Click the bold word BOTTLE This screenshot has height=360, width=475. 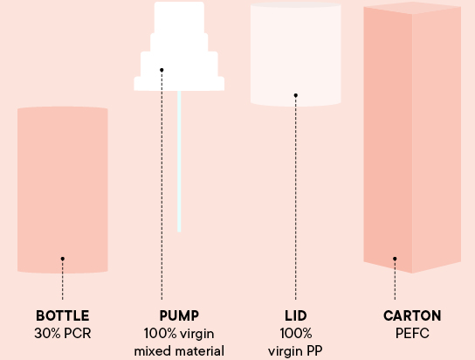pos(62,315)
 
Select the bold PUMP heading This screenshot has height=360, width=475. pos(179,315)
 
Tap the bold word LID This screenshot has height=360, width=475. pos(296,315)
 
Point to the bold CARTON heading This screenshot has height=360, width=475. pos(412,315)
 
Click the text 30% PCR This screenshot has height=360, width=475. pos(62,333)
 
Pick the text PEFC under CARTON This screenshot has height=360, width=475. pos(412,333)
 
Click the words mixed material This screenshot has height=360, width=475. pos(179,351)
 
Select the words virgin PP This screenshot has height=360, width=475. pos(295,351)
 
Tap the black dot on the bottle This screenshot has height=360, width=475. pos(62,259)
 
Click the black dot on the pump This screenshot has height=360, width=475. pos(162,70)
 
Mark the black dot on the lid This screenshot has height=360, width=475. pos(296,95)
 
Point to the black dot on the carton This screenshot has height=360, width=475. pos(395,259)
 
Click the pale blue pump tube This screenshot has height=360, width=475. pos(179,161)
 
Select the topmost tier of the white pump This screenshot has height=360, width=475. pos(179,17)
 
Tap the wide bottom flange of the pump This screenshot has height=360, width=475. pos(179,84)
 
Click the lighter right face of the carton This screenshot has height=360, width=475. pos(437,140)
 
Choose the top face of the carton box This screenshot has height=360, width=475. pos(412,7)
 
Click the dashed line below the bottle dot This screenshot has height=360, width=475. pos(62,280)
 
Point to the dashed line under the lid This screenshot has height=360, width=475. pos(296,198)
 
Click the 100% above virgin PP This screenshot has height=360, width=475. pos(296,333)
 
